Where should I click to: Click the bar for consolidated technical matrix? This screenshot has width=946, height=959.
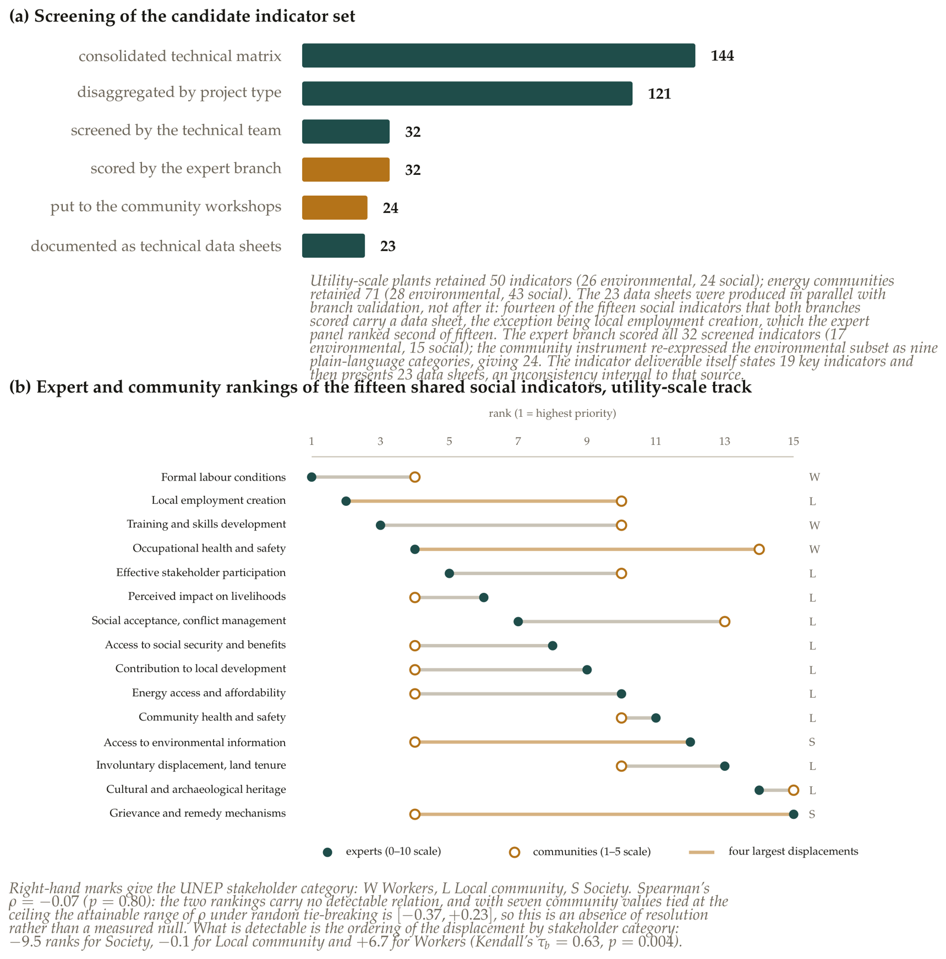[498, 56]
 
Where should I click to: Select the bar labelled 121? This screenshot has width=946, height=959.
[467, 93]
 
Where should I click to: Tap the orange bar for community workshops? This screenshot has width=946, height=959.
[335, 208]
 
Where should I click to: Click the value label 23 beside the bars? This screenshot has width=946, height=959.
[388, 246]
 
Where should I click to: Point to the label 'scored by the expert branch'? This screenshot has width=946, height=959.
[186, 168]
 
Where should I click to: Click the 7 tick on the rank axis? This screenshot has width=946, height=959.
[518, 441]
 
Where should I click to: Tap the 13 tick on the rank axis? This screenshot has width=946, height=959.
[724, 441]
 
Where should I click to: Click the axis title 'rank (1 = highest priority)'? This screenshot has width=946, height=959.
[552, 413]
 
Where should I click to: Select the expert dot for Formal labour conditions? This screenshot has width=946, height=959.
[311, 477]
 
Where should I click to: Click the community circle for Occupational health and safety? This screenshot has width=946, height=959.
[759, 549]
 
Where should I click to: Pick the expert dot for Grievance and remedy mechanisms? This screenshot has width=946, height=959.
[793, 814]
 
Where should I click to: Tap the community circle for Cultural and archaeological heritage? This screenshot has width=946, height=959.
[793, 790]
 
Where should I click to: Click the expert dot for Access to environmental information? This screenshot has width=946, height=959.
[690, 742]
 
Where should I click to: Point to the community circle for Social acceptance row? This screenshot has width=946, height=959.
[724, 621]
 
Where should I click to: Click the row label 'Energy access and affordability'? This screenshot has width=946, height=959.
[209, 693]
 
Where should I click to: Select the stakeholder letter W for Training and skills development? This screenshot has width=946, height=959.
[814, 525]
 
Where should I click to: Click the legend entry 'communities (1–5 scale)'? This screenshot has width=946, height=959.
[592, 852]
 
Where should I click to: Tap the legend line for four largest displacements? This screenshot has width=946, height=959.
[702, 852]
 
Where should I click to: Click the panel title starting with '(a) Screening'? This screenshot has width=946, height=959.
[182, 16]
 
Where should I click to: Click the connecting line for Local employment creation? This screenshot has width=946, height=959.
[483, 501]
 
